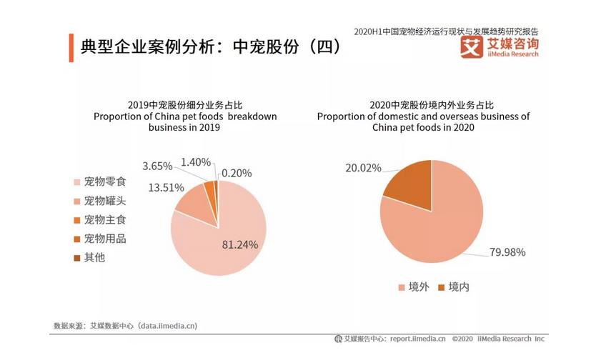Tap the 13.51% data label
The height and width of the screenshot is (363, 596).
tap(166, 188)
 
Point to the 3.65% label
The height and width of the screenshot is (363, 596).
tap(157, 166)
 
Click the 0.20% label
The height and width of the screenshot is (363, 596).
tap(236, 172)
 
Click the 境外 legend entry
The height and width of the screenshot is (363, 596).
tap(413, 287)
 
